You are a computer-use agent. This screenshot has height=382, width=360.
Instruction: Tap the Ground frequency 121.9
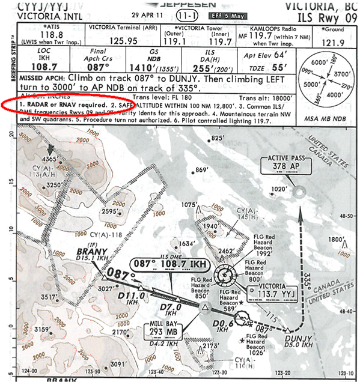click(335, 41)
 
